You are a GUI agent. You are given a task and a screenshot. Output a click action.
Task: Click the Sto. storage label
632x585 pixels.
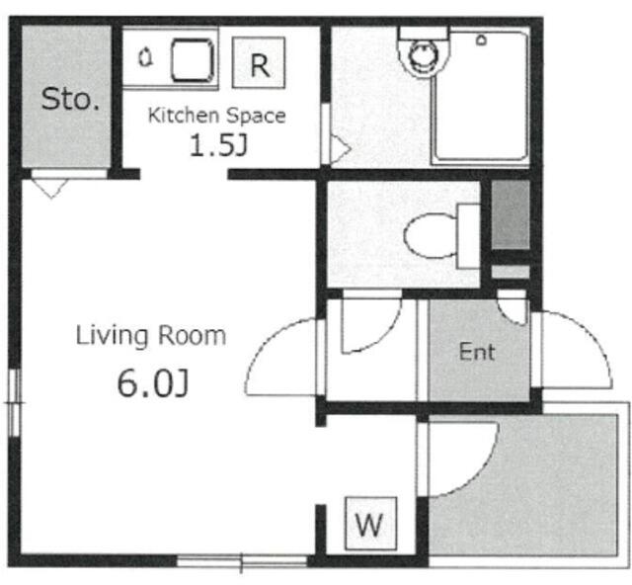[70, 99]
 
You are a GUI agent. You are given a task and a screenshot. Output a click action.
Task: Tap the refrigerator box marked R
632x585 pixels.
[259, 62]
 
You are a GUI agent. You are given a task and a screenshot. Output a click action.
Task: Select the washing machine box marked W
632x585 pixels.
[371, 524]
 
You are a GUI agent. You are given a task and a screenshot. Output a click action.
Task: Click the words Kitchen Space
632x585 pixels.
[217, 116]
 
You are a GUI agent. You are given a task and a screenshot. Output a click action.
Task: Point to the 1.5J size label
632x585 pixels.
[218, 145]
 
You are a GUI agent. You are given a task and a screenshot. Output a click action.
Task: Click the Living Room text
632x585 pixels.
[151, 336]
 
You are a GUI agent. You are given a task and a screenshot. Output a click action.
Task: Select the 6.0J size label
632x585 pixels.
[153, 383]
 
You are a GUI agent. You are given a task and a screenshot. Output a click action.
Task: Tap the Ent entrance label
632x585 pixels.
[477, 352]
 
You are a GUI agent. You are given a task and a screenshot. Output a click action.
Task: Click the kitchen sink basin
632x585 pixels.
[193, 59]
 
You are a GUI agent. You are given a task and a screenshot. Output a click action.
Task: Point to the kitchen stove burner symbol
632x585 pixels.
[145, 57]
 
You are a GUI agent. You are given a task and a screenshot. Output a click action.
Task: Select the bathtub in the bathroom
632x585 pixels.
[480, 97]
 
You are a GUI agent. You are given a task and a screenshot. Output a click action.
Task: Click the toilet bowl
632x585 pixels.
[431, 236]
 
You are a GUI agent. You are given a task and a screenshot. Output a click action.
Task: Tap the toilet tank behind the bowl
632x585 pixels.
[468, 236]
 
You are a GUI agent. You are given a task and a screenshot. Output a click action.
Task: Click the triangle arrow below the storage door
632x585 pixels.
[50, 189]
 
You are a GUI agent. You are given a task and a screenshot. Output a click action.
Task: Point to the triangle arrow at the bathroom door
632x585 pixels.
[340, 149]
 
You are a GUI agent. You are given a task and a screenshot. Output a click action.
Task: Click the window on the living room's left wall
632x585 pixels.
[15, 402]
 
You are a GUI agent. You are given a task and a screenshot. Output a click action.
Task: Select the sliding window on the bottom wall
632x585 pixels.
[242, 561]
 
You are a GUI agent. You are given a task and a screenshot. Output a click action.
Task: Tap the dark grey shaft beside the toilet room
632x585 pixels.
[511, 214]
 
